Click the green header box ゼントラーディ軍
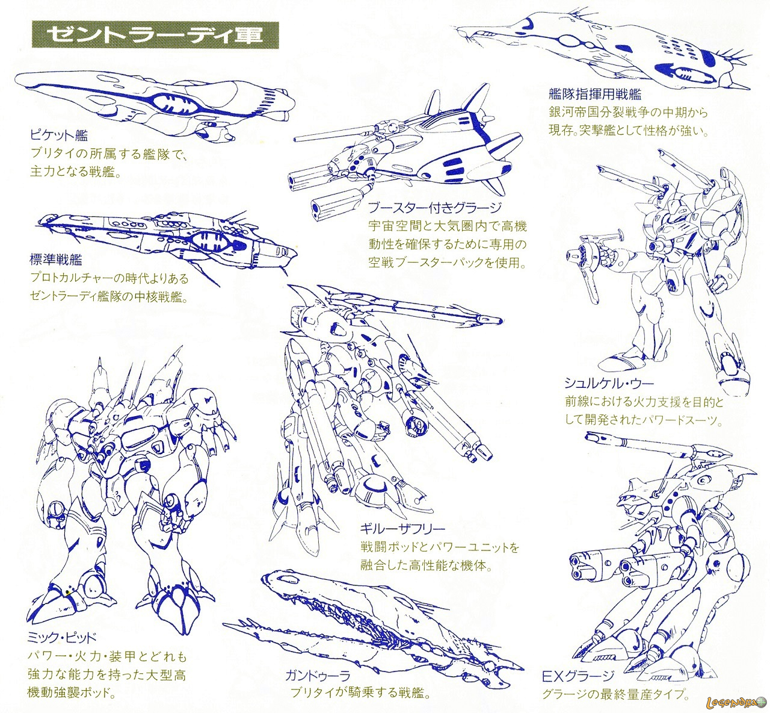[155, 34]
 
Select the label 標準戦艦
[56, 260]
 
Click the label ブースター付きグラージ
[435, 208]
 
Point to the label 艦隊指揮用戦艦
[594, 94]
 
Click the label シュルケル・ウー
[609, 383]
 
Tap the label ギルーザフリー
[402, 529]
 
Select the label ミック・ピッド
[61, 638]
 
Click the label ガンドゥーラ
[318, 676]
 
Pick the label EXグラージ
[578, 676]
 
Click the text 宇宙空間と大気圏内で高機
[448, 226]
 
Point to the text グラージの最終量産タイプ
[615, 694]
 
